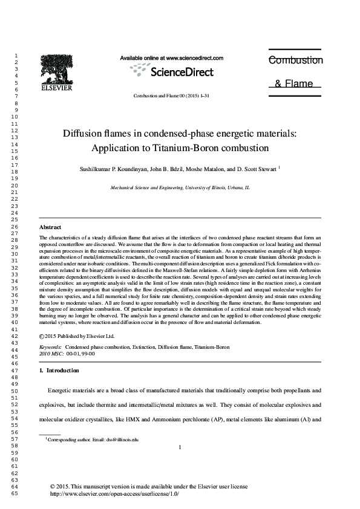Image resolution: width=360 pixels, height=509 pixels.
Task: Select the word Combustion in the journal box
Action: tap(295, 60)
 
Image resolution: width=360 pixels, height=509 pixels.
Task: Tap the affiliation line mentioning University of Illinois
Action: tap(180, 188)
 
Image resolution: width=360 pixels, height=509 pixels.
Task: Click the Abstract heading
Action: tap(50, 227)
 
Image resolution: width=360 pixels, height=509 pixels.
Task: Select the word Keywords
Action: tap(50, 348)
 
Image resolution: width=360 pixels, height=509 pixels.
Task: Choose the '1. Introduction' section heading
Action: tap(59, 370)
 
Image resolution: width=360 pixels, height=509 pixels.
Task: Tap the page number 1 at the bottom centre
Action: tap(180, 447)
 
